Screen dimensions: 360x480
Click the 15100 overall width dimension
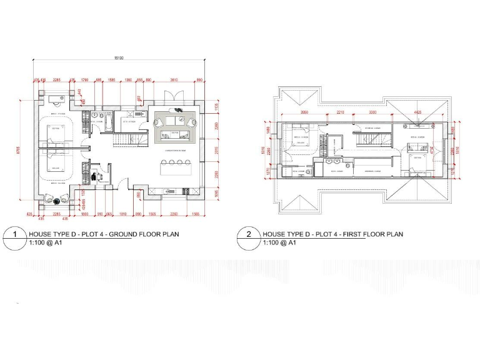pos(119,58)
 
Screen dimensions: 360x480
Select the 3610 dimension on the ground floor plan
pos(174,81)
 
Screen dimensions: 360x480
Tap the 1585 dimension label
pos(112,81)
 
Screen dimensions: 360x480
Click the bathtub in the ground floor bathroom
pos(106,119)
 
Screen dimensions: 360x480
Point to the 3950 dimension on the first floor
pos(304,113)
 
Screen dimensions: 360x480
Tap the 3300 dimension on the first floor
pos(372,113)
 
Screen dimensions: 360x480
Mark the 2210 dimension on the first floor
pos(341,113)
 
